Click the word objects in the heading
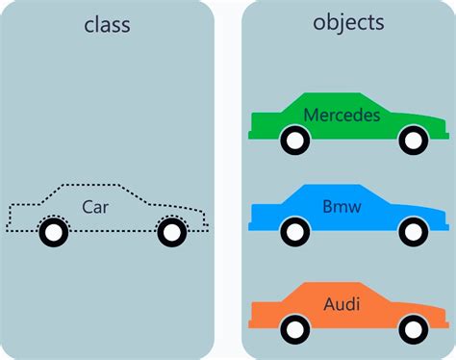coord(349,22)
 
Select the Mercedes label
coord(342,116)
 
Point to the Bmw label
coord(341,206)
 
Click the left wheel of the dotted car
coord(54,232)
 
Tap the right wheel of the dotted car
coord(170,232)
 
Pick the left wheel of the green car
coord(294,141)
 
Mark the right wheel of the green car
coord(413,141)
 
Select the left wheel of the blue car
coord(294,232)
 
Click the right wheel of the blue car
coord(413,232)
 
